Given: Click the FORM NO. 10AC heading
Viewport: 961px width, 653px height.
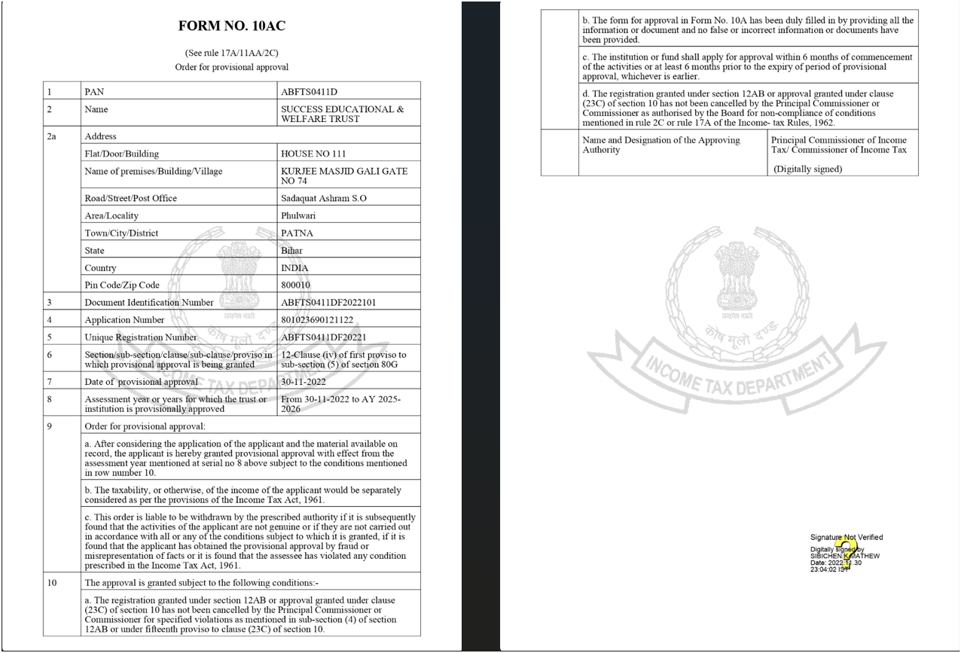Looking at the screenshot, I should coord(231,26).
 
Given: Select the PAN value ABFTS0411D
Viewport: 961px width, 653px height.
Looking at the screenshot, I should coord(309,92).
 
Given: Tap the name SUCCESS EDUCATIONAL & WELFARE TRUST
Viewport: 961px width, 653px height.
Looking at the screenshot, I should coord(342,114).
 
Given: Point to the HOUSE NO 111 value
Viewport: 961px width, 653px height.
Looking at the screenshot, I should coord(313,154).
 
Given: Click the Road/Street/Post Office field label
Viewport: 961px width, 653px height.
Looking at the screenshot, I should coord(131,198).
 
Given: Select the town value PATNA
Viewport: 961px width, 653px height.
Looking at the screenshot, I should coord(297,233).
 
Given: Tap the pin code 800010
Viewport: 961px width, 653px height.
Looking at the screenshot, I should coord(295,285).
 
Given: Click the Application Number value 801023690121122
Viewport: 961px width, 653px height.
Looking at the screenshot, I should coord(317,319).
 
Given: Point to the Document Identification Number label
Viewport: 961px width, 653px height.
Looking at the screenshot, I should coord(149,302).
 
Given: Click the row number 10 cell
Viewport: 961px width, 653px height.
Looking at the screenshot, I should coord(52,582).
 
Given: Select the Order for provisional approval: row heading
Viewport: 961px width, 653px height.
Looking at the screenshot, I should coord(145,426).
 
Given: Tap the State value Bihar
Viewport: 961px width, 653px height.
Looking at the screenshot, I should coord(291,250).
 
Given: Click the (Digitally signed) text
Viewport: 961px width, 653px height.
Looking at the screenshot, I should coord(807,169).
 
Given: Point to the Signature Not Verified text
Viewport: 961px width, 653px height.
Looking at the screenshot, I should coord(846,537).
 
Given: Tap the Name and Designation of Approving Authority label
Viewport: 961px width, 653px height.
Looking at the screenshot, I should coord(660,145).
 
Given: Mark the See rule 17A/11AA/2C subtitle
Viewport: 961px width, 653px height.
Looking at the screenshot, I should coord(231,53).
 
